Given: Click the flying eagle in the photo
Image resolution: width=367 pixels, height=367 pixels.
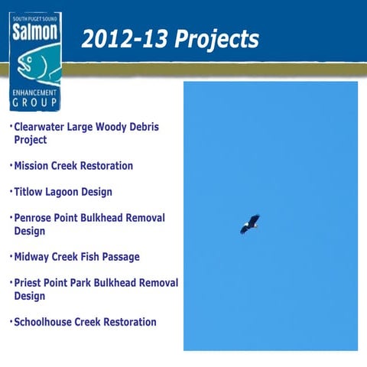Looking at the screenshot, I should [250, 224].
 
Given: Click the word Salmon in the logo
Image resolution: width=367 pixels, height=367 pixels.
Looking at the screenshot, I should [34, 33].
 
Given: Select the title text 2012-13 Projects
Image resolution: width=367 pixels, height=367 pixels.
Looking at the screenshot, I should [170, 38].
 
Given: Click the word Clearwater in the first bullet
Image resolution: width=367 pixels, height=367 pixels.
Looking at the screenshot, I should [42, 127].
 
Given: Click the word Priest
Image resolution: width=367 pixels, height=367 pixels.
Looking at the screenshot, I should [31, 283].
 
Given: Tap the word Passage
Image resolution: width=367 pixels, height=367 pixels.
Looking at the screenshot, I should [117, 257].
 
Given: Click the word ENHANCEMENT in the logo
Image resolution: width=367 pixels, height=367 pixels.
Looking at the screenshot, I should [34, 91].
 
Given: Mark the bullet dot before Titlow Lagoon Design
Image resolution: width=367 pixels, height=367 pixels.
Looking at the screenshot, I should [11, 191].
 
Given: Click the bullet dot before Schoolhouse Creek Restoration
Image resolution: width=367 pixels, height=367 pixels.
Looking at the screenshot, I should [11, 321].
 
